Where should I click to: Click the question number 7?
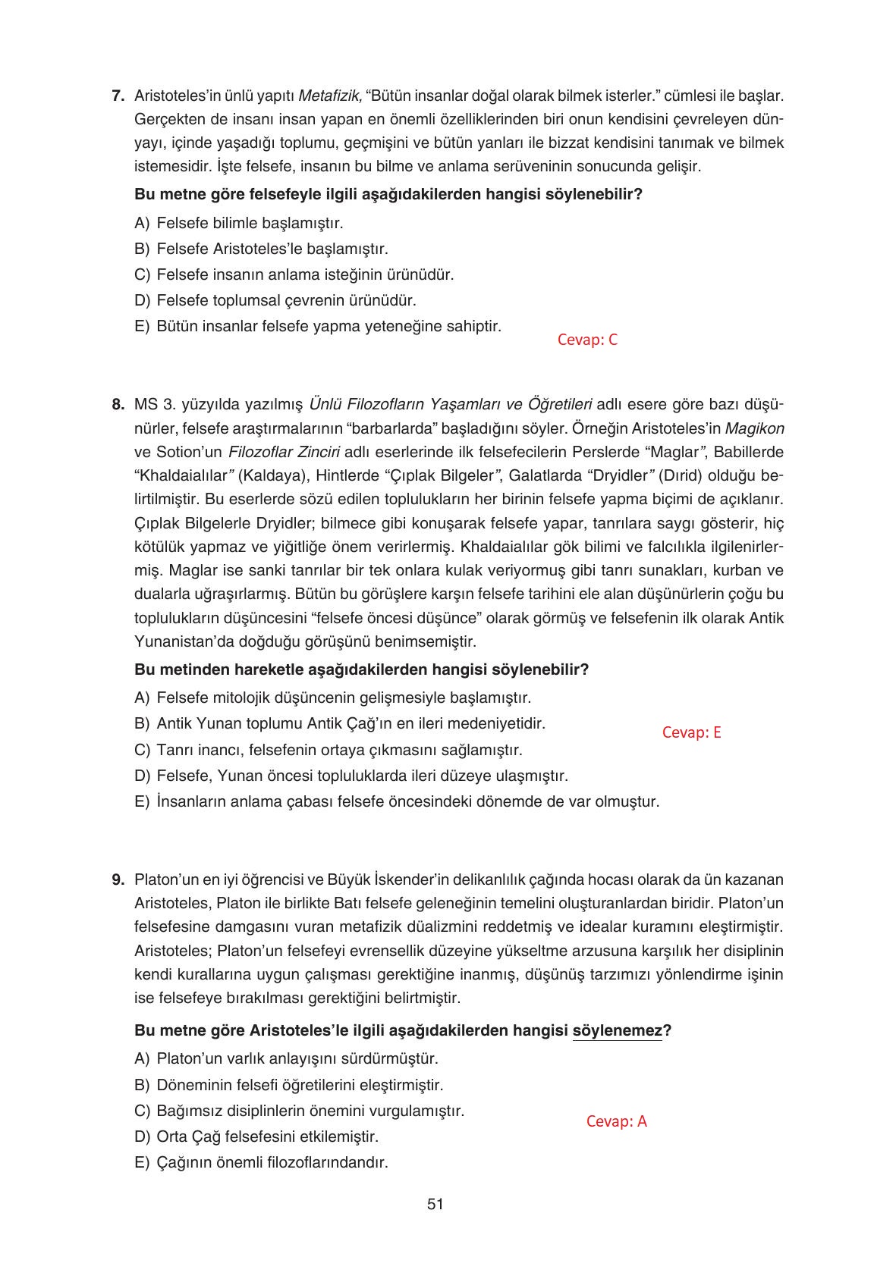118,96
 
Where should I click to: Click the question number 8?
118,405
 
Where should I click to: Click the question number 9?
118,879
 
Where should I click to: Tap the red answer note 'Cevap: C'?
587,340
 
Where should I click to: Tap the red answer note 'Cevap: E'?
691,732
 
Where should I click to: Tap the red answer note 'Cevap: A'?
616,1122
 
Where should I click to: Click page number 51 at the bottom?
435,1204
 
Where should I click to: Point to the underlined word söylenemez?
617,1031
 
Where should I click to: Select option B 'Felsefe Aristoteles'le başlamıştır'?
262,249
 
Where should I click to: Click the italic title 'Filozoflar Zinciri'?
284,452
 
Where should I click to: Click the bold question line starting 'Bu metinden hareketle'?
361,669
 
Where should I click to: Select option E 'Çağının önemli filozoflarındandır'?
262,1162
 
